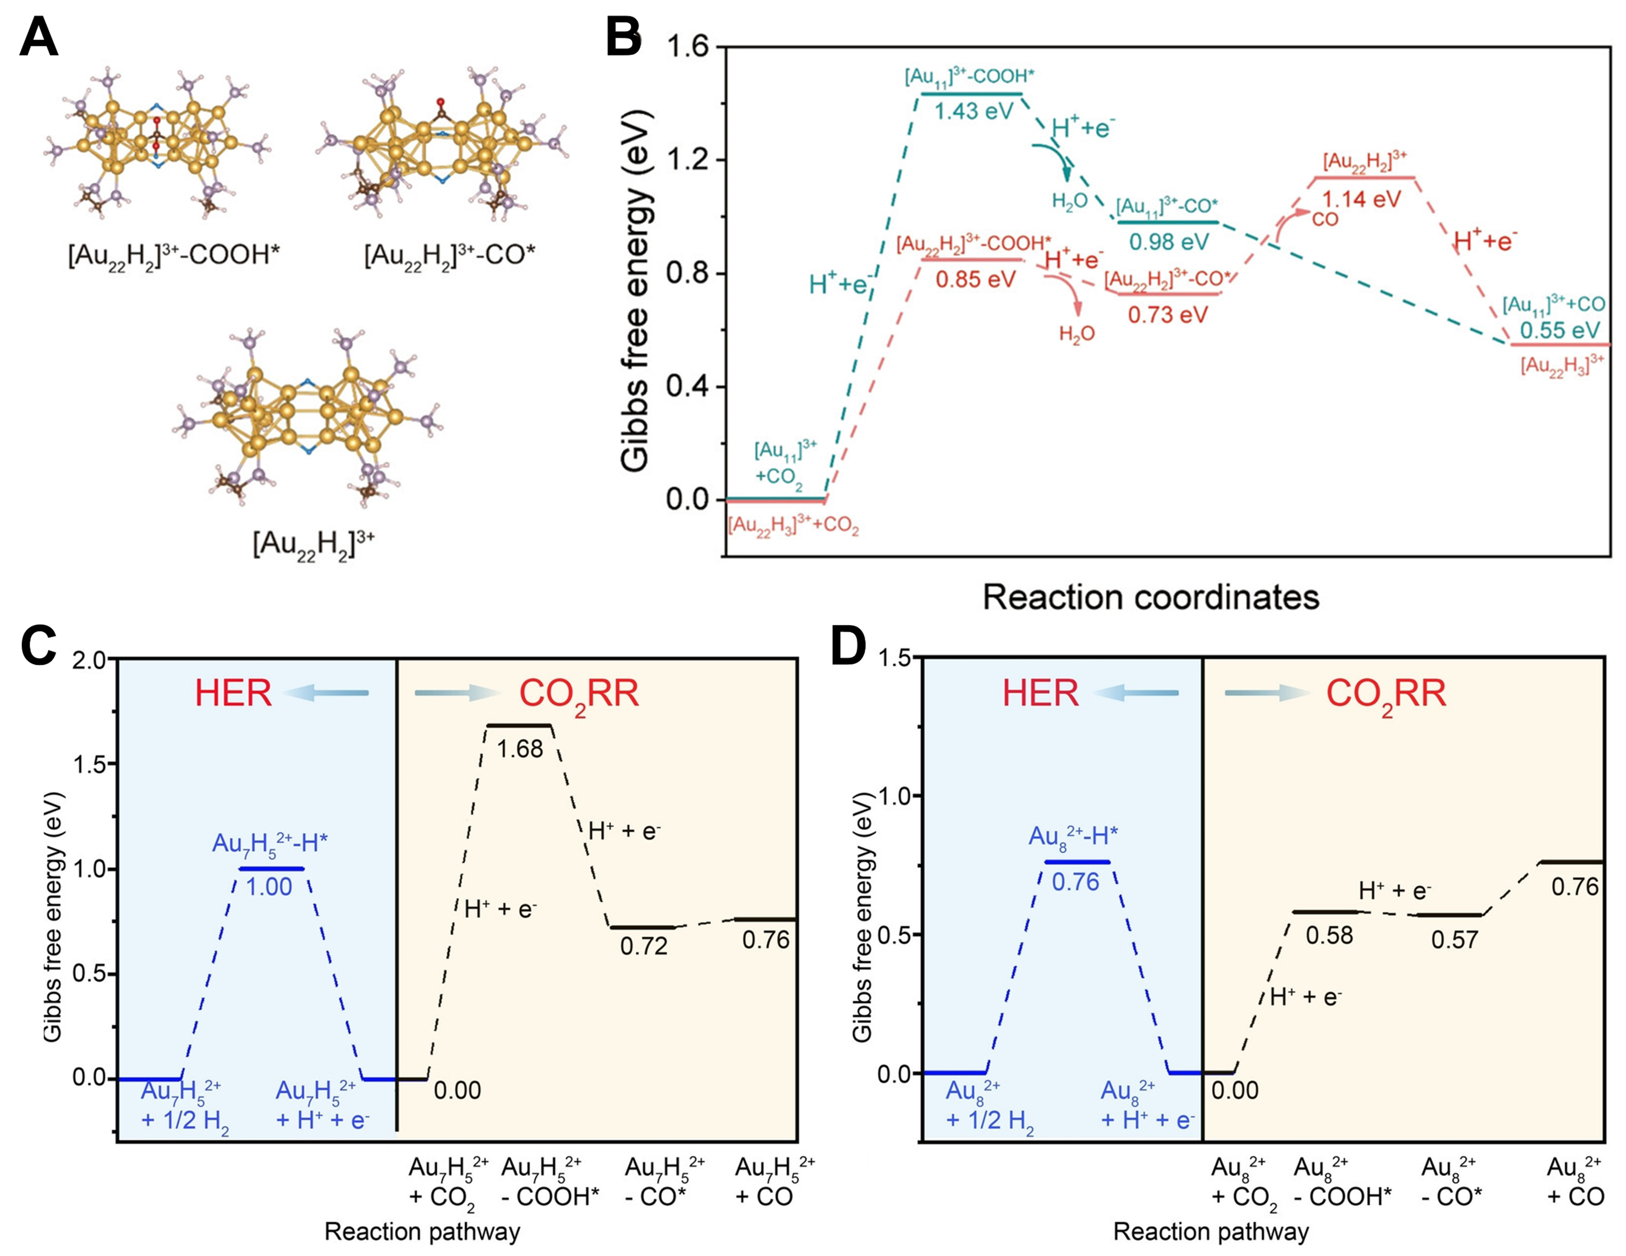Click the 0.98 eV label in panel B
pyautogui.click(x=1169, y=241)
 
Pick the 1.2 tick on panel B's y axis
pyautogui.click(x=686, y=160)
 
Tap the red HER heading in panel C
pyautogui.click(x=233, y=694)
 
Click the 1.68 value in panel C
pyautogui.click(x=520, y=749)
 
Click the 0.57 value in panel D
pyautogui.click(x=1454, y=940)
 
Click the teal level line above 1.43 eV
pyautogui.click(x=972, y=94)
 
